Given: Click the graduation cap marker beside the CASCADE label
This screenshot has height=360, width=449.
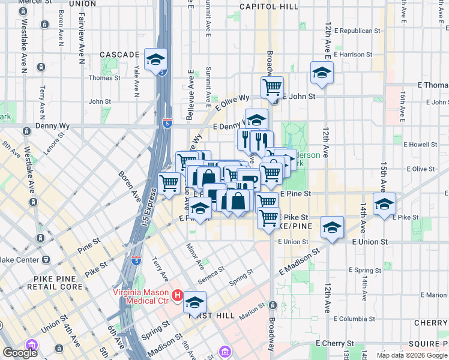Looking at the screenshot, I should tap(155, 60).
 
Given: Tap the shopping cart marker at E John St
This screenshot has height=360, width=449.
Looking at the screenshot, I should tap(272, 88).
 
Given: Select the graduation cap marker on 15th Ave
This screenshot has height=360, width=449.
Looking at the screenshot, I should tap(384, 204).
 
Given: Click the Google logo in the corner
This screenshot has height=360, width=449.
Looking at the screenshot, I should tap(20, 353).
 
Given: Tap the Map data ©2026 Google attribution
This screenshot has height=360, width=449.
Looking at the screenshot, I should tap(411, 355).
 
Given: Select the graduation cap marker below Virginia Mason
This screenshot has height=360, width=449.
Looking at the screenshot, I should tap(194, 302).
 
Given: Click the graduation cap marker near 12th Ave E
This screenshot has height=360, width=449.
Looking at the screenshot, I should tap(322, 73).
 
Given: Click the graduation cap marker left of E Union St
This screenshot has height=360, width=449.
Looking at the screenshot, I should tap(331, 228).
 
